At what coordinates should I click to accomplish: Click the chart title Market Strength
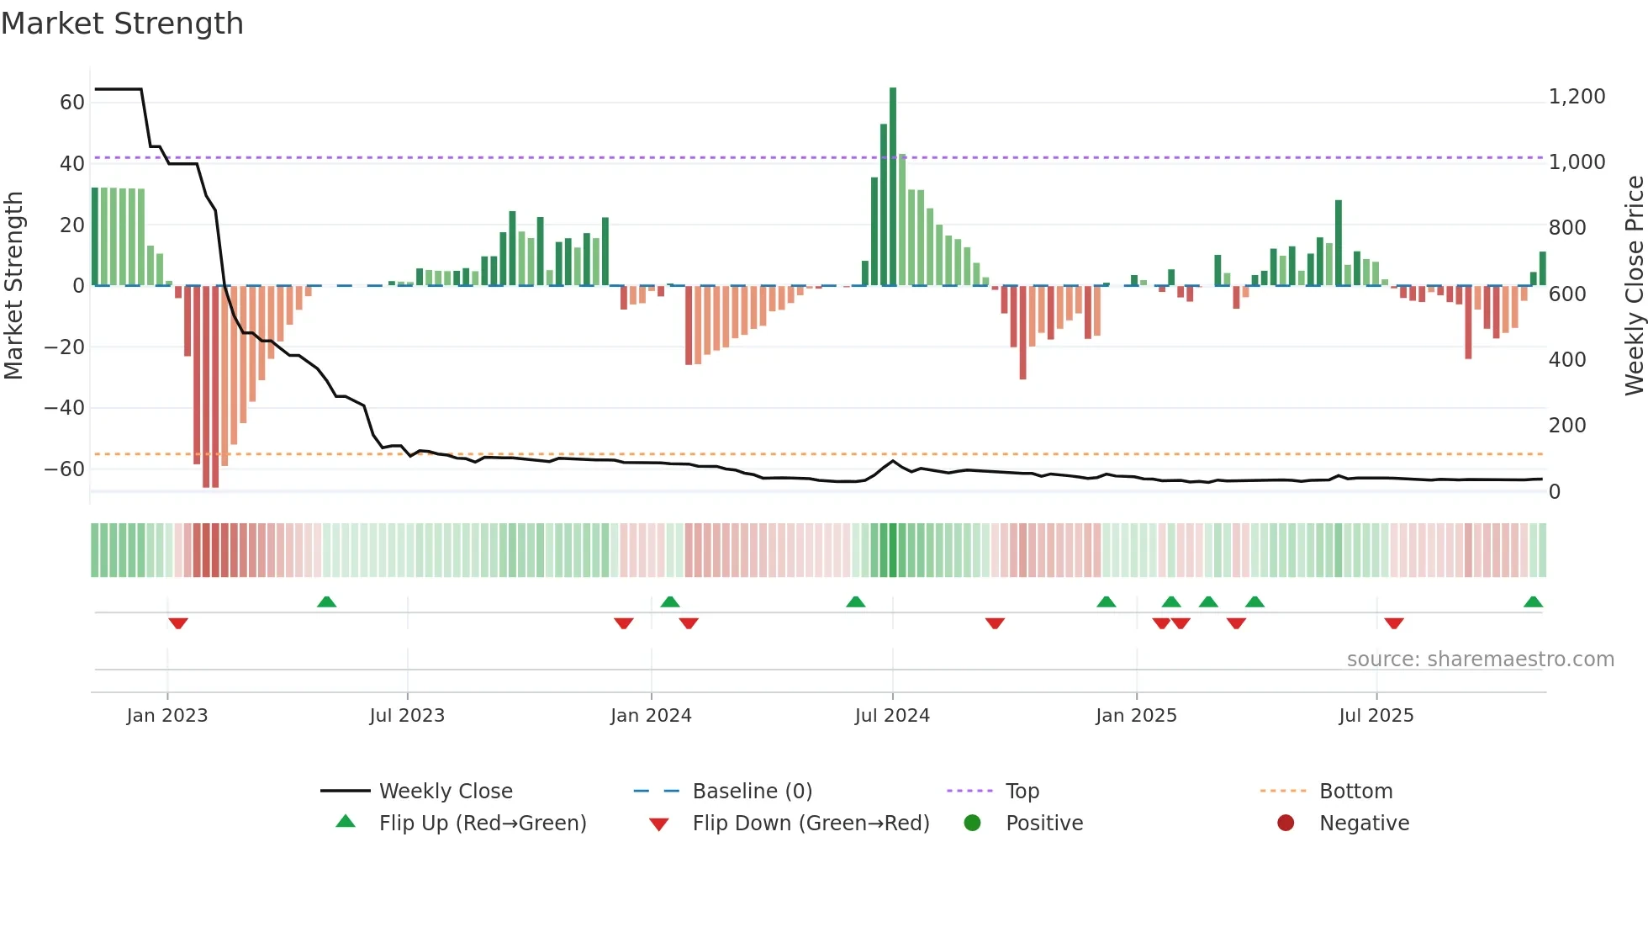(122, 24)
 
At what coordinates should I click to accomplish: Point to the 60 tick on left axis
(71, 103)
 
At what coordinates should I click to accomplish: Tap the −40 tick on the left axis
(64, 408)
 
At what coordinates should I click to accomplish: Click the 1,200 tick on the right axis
(1577, 97)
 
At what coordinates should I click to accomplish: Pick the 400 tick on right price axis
(1567, 360)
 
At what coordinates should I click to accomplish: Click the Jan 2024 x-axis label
(651, 716)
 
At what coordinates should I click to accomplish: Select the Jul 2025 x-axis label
(1376, 716)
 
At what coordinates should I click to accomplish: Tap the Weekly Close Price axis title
(1634, 286)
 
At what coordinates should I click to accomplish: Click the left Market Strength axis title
(13, 286)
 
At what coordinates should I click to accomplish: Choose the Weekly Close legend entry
(445, 792)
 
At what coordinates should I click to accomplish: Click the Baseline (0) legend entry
(752, 792)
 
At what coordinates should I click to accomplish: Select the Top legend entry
(1022, 792)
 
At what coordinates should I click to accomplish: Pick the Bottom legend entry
(1355, 792)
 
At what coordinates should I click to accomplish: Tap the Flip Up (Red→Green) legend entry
(482, 824)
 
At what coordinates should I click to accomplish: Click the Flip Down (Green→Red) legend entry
(811, 824)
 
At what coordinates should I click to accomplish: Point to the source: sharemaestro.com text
(1480, 659)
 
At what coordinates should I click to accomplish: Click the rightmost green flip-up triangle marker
(1533, 602)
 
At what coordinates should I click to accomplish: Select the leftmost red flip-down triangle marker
(178, 622)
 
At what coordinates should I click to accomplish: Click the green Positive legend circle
(973, 824)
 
